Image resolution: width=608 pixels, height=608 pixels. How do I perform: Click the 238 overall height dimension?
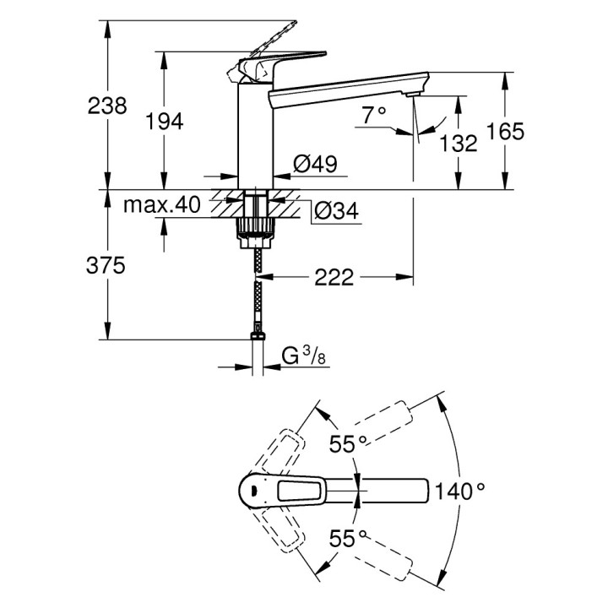point(107,106)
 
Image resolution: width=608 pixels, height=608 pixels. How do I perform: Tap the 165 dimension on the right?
point(507,131)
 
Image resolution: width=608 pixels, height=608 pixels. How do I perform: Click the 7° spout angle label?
point(373,112)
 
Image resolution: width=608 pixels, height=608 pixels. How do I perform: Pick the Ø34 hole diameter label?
point(335,212)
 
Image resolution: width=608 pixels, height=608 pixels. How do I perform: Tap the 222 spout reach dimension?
point(334,277)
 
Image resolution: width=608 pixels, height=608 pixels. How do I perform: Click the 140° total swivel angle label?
point(459,489)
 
